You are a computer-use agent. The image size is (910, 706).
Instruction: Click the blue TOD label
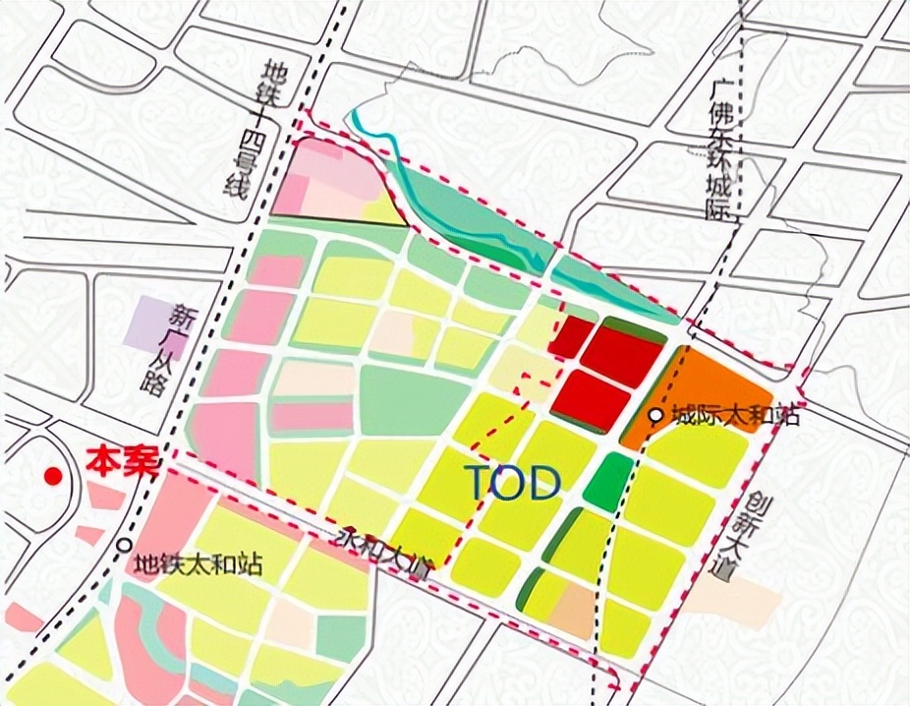(513, 481)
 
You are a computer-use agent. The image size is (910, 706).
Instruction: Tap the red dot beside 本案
(54, 476)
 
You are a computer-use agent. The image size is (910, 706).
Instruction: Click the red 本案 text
(122, 461)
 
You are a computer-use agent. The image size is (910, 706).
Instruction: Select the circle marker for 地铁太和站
(124, 545)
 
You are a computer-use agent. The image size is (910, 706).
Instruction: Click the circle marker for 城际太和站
(655, 416)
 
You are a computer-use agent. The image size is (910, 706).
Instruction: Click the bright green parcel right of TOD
(608, 482)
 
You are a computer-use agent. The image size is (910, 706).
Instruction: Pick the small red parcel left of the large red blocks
(567, 336)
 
